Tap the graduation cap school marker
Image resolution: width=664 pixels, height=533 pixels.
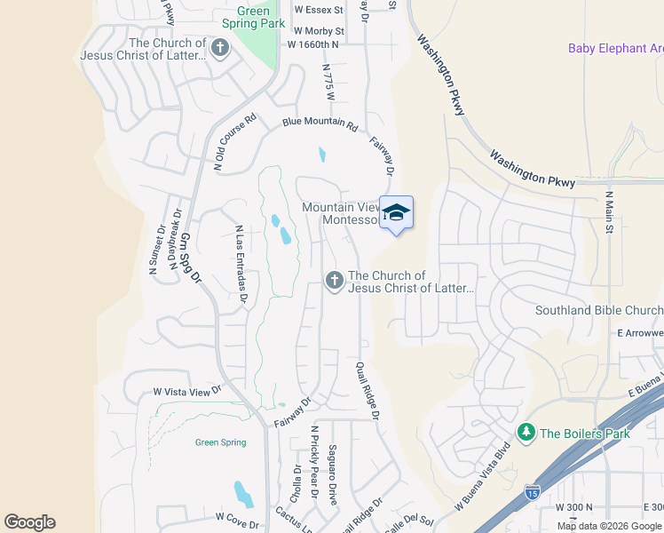397,213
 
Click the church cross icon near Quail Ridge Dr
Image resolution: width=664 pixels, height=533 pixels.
335,281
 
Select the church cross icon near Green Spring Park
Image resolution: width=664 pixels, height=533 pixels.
220,48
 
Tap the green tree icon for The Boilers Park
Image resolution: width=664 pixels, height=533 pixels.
526,433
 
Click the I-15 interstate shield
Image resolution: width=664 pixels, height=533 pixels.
532,491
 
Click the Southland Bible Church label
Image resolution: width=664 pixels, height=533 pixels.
599,310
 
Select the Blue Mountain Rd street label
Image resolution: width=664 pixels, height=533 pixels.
320,124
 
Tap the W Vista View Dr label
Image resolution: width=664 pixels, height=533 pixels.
186,390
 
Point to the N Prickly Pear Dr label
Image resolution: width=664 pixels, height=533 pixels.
314,456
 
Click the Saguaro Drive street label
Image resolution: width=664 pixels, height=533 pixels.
332,474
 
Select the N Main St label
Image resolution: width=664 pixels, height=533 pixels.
609,212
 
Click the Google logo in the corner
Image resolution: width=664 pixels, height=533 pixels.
29,522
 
